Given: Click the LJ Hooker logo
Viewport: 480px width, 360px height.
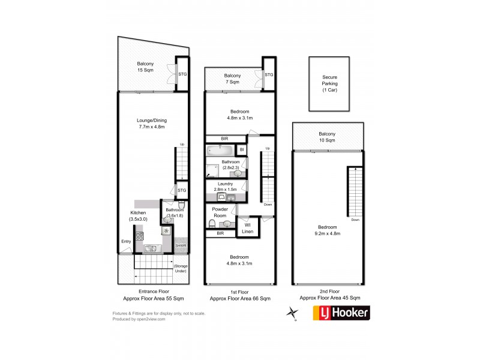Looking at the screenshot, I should pos(341,312).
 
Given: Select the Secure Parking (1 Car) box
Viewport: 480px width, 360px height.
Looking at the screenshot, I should pos(329,83).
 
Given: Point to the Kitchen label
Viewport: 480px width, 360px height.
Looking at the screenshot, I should pos(137,216).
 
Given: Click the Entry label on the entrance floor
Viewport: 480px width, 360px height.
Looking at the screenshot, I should pos(126,242).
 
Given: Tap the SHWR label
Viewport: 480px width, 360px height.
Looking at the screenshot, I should pos(181,246).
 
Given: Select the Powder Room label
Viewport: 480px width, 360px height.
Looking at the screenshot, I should pos(220,211).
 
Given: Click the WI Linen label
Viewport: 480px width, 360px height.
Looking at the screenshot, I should pos(247,228).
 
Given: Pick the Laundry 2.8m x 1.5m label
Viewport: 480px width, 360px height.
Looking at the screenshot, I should pos(226,187).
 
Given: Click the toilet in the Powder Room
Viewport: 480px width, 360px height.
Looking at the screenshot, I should pos(212,224).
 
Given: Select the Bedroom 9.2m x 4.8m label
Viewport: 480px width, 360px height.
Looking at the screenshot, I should pos(328,230).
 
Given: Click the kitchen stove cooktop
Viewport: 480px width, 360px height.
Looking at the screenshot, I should pos(139,236).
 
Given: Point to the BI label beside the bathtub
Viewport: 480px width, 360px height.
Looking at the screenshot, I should pos(241,150).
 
